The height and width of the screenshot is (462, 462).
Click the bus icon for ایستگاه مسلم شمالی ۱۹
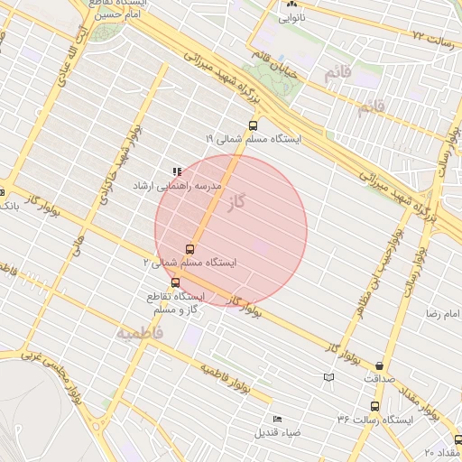click(252, 126)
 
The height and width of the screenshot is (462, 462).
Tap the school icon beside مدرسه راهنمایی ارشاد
click(177, 171)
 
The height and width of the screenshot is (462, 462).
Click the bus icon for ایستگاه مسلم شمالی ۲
click(189, 248)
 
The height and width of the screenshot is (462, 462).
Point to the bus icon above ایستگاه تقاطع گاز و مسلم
click(175, 282)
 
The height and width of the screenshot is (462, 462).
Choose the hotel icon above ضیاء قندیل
click(277, 419)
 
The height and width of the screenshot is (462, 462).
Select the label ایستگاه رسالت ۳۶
click(374, 420)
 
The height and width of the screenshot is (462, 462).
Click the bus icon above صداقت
click(379, 366)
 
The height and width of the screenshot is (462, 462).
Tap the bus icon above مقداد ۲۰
click(457, 439)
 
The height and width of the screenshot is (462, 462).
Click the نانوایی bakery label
click(291, 17)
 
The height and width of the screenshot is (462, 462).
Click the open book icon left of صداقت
click(328, 376)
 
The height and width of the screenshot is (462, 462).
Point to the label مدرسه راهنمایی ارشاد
click(216, 185)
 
